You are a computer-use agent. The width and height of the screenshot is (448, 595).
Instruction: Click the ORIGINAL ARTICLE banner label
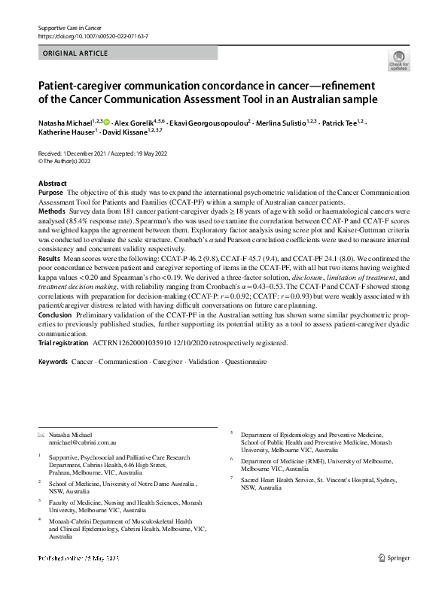(x=75, y=53)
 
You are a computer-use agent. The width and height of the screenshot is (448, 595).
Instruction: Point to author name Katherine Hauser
(x=66, y=133)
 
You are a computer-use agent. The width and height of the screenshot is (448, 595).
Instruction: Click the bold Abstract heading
(x=53, y=184)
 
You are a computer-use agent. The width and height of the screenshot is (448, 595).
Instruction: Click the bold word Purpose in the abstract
(x=50, y=193)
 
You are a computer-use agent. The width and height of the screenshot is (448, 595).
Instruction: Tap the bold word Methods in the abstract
(x=51, y=212)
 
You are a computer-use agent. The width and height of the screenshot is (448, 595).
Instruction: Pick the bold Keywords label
(x=53, y=363)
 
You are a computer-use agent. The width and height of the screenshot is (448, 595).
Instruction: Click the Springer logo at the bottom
(x=394, y=557)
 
